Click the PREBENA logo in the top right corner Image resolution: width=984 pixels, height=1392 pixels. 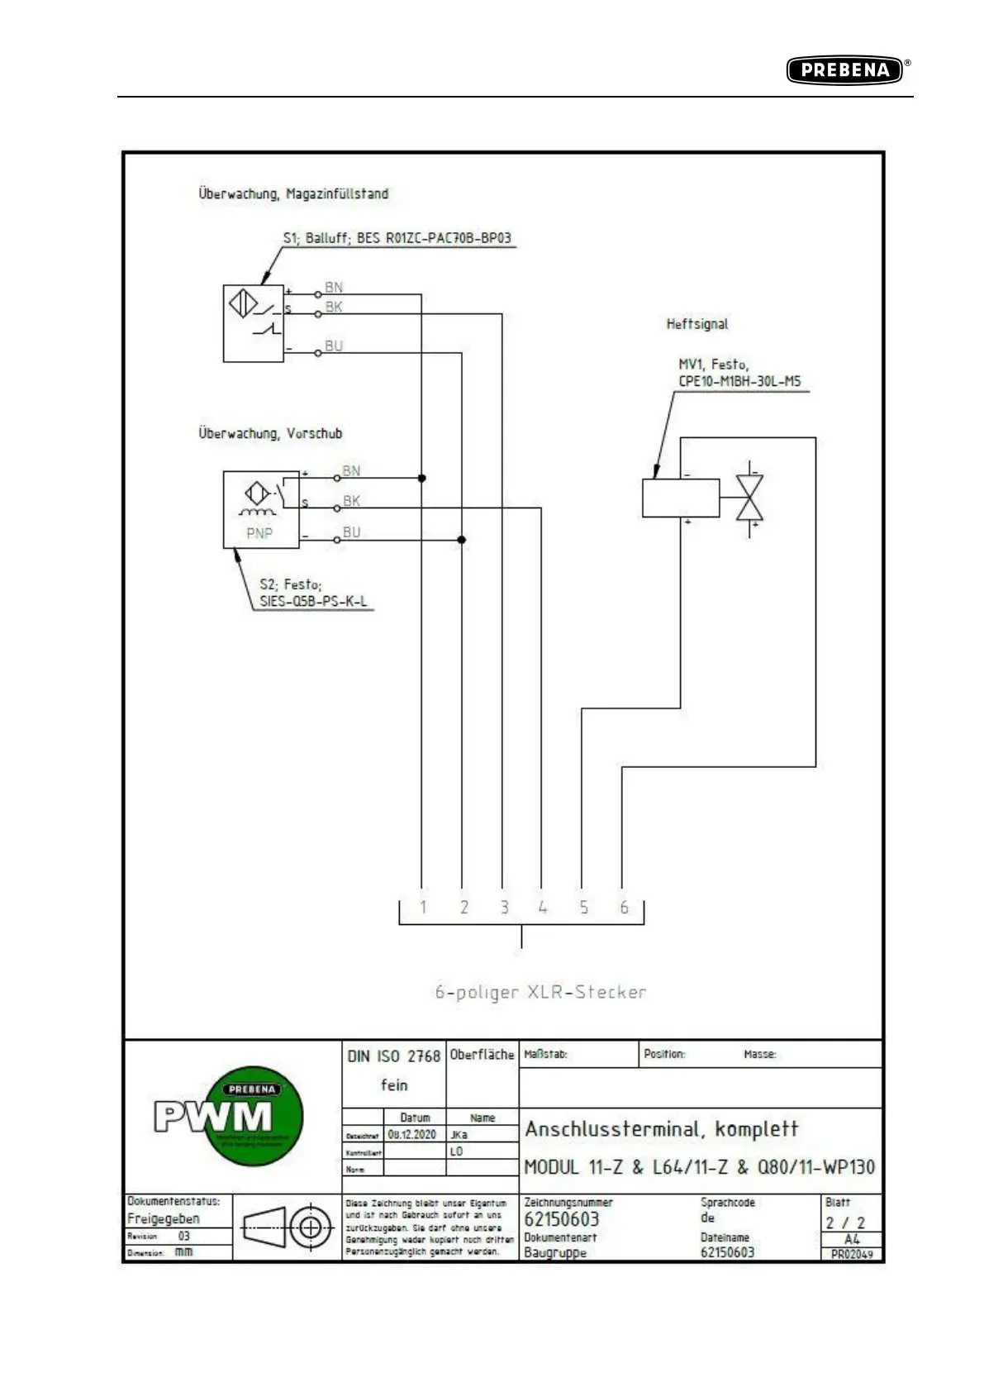point(844,70)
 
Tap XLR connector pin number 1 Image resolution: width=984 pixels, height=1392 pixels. point(423,907)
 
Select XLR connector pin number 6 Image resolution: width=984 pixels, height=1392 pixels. point(624,907)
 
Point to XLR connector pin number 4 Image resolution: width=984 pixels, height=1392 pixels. point(543,907)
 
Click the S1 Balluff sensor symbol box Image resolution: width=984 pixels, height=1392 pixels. point(254,323)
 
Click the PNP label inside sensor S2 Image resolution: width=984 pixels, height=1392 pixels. point(259,533)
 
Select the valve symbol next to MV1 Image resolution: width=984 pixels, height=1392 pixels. point(749,498)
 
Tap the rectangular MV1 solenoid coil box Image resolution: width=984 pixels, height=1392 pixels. point(680,498)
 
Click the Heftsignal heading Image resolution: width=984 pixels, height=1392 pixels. point(697,324)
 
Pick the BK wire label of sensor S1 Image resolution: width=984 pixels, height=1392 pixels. point(334,307)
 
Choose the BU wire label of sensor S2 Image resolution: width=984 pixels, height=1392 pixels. point(352,532)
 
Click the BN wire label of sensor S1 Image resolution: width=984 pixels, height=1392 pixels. point(334,287)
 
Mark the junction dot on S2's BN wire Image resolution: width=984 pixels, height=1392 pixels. point(422,478)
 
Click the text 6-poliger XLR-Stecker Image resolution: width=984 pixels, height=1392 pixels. point(540,992)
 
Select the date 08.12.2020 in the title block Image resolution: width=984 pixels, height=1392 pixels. point(411,1134)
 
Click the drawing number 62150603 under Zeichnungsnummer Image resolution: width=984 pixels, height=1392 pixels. point(561,1219)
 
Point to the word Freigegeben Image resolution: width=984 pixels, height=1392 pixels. point(163,1218)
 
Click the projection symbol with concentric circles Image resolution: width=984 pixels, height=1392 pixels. point(311,1228)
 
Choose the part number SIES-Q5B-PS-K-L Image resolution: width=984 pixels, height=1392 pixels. point(313,602)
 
